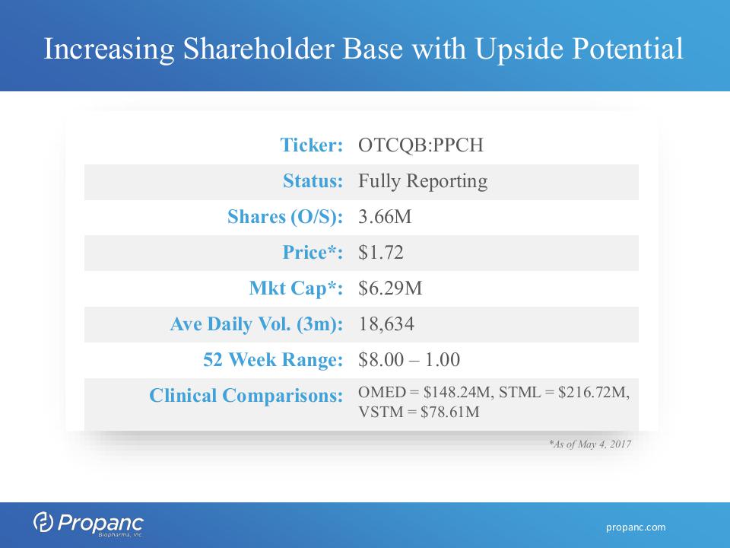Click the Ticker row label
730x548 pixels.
(312, 145)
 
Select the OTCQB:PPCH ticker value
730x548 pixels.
(421, 145)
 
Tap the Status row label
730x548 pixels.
(313, 181)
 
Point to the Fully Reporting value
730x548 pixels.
(423, 181)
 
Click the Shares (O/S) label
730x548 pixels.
(285, 217)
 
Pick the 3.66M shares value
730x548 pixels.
(385, 217)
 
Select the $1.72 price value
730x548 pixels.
(381, 252)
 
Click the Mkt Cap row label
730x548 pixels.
(296, 288)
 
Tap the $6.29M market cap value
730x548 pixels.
(390, 288)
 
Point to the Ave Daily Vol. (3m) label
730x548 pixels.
(256, 324)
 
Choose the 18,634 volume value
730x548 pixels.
(386, 324)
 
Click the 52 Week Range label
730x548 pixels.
(273, 360)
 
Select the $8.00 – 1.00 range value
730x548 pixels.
(409, 360)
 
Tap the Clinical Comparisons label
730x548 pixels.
(246, 396)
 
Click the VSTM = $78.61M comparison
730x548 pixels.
(418, 412)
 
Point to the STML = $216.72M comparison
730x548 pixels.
(563, 393)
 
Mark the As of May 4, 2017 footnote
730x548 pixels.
(590, 444)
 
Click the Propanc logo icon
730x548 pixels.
(43, 522)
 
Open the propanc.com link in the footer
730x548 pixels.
(636, 527)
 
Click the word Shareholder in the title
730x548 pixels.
(259, 49)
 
